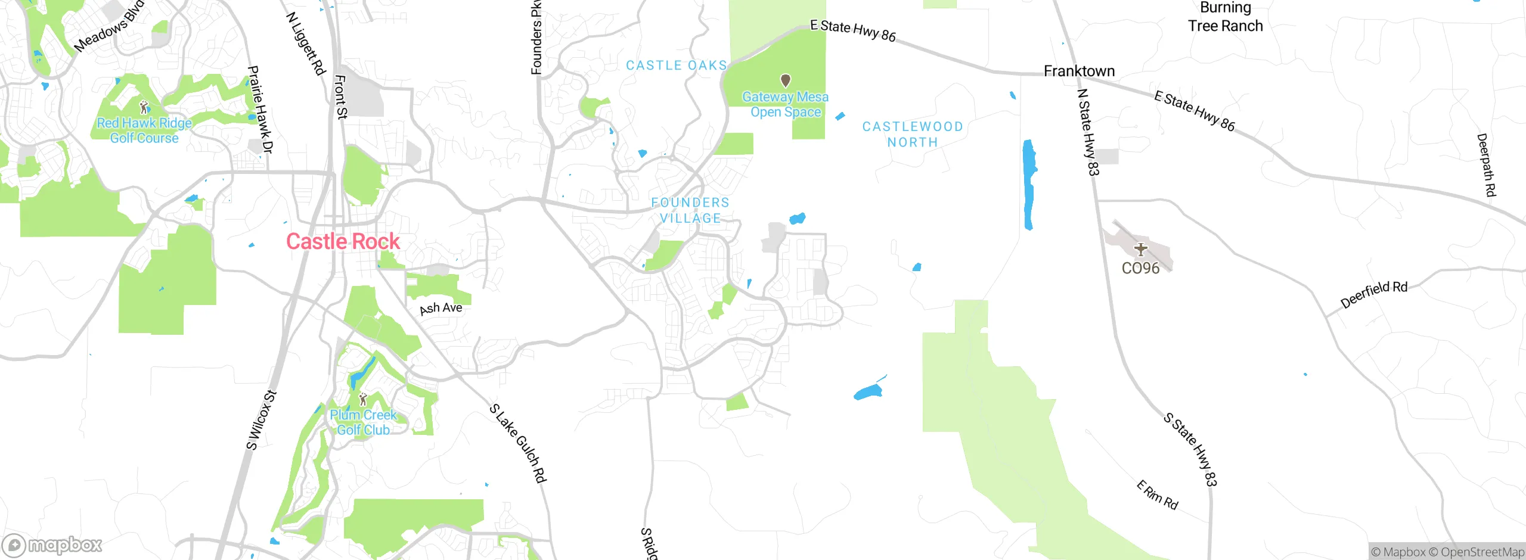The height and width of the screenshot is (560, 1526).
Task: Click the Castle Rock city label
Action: [343, 241]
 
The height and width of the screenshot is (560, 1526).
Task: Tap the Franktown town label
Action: [1079, 71]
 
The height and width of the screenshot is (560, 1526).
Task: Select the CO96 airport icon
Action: [1140, 249]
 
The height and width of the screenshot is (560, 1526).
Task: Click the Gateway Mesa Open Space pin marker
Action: [786, 80]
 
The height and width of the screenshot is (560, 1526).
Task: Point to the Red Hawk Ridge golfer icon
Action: [144, 107]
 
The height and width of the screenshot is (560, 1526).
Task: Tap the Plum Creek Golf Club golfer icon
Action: [362, 399]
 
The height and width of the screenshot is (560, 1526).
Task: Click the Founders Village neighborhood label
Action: [690, 210]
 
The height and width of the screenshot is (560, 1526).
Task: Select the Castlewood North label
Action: [913, 134]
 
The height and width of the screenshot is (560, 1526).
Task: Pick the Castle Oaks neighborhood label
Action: [677, 65]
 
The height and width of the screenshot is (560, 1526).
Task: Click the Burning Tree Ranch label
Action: [1225, 17]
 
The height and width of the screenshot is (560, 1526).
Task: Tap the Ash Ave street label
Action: [441, 308]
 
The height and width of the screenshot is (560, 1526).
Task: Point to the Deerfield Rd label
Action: [1373, 294]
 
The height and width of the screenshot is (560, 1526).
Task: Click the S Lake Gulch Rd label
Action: [517, 443]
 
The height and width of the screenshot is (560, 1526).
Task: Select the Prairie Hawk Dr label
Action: [260, 110]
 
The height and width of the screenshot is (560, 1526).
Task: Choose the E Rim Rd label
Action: [1157, 495]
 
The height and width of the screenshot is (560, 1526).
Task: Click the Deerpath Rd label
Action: [1486, 164]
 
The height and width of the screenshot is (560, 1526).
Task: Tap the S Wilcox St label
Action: [262, 420]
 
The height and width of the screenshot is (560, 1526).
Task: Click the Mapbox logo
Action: [52, 545]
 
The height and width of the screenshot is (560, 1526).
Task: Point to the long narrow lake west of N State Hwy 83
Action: [1029, 184]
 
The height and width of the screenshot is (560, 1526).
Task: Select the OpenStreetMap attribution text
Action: [1482, 552]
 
